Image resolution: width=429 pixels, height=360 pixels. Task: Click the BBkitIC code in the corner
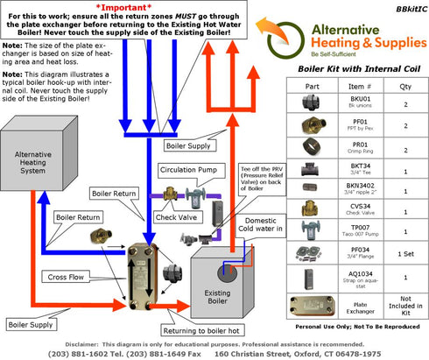(x=408, y=6)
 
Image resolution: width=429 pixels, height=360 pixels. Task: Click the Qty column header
(x=404, y=87)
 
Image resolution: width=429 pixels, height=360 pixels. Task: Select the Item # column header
(x=357, y=87)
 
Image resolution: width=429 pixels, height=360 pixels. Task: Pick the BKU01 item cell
(x=357, y=104)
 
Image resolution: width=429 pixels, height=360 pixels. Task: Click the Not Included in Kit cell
(x=404, y=307)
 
